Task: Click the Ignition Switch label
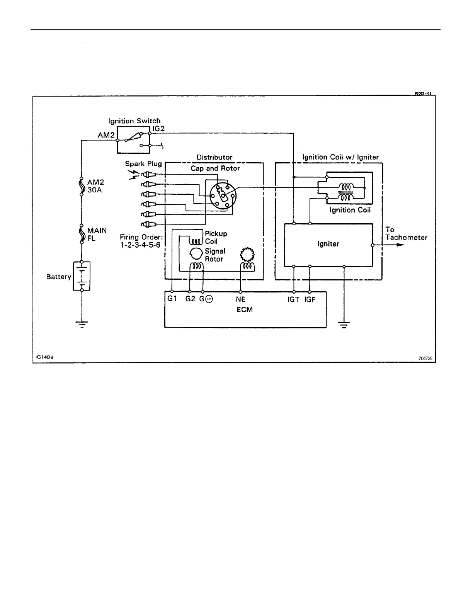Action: (134, 121)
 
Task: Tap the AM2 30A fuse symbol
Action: (82, 187)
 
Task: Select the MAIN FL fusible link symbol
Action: (82, 234)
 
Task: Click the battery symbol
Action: (82, 276)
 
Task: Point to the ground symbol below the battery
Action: (82, 323)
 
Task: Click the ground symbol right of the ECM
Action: (344, 323)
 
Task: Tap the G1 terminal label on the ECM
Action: (172, 299)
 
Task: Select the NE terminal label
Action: (240, 299)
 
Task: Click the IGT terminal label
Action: (293, 299)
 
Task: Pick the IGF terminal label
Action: (310, 299)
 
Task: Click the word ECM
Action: (245, 310)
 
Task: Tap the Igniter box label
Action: (328, 244)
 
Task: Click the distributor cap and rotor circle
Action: (223, 196)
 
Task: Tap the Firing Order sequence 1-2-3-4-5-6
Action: (140, 245)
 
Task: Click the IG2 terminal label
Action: (158, 129)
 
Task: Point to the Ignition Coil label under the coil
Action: (350, 210)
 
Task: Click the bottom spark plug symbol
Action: (149, 224)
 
